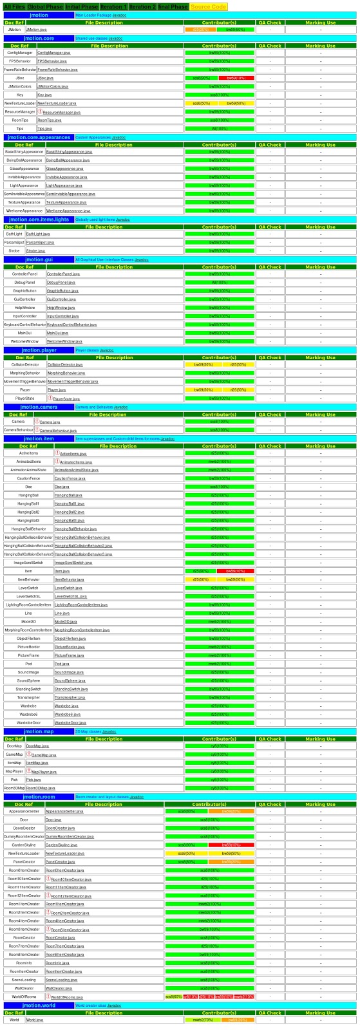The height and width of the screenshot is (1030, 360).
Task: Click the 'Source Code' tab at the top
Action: (209, 6)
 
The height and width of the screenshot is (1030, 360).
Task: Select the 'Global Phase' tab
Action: (45, 6)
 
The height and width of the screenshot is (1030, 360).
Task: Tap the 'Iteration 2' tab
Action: (142, 6)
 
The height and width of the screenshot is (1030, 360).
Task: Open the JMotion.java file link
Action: (36, 30)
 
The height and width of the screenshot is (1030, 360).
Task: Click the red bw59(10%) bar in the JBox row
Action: (236, 78)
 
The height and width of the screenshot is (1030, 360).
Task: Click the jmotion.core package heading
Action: (39, 39)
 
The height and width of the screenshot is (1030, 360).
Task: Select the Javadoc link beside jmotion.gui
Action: (141, 259)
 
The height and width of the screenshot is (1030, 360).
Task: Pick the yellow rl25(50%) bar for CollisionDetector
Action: (238, 364)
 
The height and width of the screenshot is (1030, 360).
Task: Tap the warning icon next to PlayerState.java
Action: (50, 398)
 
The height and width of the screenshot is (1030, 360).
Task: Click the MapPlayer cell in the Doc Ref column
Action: (14, 771)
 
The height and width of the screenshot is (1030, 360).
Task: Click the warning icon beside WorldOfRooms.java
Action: (48, 997)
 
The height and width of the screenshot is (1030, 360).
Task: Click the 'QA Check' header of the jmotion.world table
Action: (270, 1013)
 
